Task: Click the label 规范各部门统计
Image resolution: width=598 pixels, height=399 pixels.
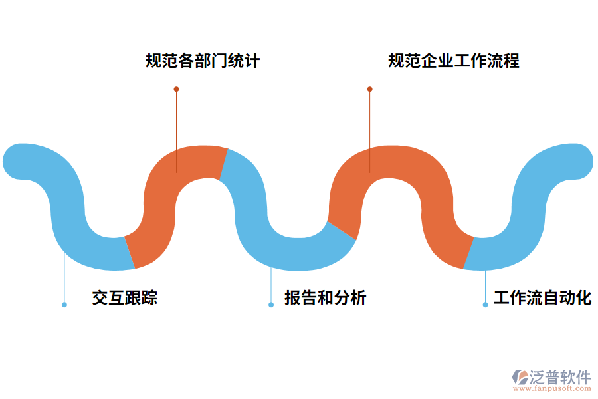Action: tap(203, 61)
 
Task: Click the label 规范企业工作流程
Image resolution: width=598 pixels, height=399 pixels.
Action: tap(454, 61)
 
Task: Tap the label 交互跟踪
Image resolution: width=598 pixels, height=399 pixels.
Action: tap(125, 297)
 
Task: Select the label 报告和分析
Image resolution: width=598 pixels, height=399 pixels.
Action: tap(326, 297)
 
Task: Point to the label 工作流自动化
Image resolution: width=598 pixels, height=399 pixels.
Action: tap(542, 297)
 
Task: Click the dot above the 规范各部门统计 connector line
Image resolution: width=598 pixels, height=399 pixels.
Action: tap(176, 89)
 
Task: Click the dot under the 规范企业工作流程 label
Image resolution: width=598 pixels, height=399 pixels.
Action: tap(370, 89)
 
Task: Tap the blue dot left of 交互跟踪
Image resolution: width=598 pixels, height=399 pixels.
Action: tap(64, 305)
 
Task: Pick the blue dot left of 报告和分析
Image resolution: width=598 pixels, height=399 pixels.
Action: tap(271, 305)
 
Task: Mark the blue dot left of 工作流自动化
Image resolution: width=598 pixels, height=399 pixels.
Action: tap(486, 305)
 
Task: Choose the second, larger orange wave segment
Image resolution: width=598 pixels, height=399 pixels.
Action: tap(399, 166)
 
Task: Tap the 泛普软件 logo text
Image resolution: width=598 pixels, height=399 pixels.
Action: tap(559, 378)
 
